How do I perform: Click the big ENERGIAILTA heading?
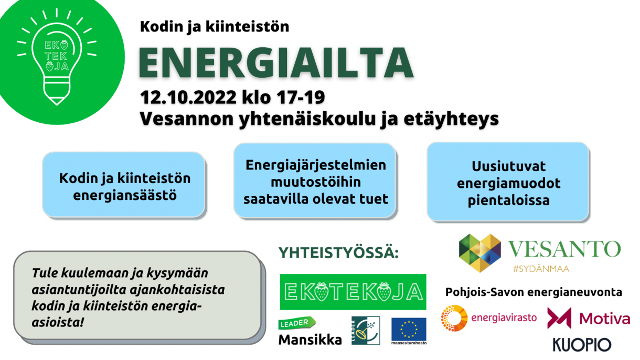276,62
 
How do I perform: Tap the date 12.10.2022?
188,98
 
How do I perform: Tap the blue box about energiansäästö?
124,185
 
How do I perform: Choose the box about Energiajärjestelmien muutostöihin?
315,181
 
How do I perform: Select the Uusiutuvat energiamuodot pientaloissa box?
508,182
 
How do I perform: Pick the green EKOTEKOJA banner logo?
353,292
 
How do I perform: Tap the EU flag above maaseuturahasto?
409,329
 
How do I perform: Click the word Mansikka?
310,340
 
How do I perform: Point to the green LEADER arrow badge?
297,323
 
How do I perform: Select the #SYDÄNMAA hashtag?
541,269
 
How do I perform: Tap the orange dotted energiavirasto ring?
454,318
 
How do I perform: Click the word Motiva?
604,319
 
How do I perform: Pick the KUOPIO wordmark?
582,345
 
